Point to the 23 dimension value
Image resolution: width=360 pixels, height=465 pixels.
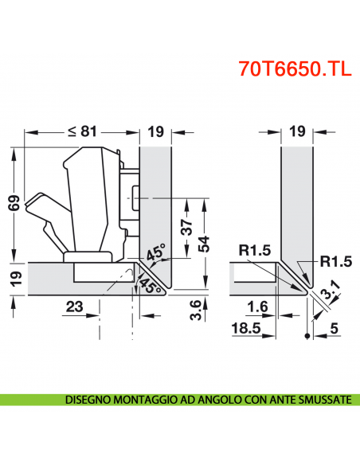coord(74,305)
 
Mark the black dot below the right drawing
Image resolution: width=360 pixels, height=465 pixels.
coord(307,337)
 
